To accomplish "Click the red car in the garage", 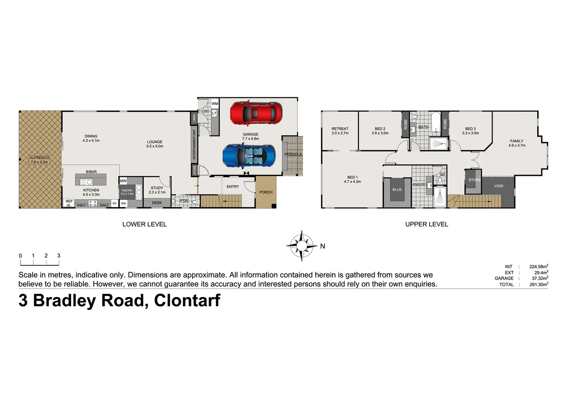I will [x=256, y=114].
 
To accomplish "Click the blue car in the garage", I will [x=249, y=156].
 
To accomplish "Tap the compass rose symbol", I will [x=302, y=246].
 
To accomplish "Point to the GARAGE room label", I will [x=250, y=134].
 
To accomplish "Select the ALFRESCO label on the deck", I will [x=39, y=158].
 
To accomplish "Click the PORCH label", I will [x=266, y=192].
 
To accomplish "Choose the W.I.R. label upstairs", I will [x=397, y=190].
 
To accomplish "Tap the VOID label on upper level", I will [x=498, y=186].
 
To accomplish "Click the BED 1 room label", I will [x=353, y=177].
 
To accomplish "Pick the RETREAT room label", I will [x=340, y=129].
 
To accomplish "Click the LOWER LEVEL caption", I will [x=144, y=224].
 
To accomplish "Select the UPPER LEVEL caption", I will [x=426, y=224].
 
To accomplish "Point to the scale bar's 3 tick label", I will [x=59, y=256].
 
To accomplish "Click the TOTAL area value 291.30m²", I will [x=538, y=285].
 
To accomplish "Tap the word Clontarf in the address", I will [x=187, y=300].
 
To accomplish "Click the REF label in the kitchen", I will [x=69, y=201].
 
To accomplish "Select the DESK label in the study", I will [x=157, y=203].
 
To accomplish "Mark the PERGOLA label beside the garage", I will [x=293, y=154].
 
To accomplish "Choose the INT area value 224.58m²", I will [x=538, y=267].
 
